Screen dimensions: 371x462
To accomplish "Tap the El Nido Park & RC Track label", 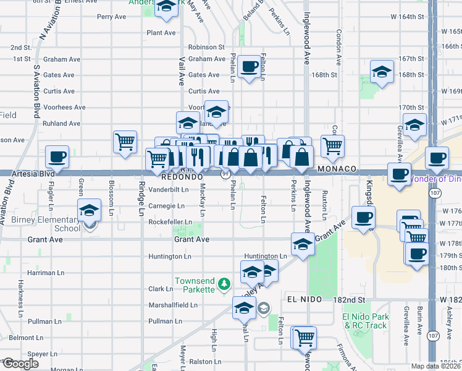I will (x=364, y=321).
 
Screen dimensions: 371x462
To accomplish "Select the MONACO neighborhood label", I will (x=338, y=169).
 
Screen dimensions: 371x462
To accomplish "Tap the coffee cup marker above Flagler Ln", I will (x=57, y=157).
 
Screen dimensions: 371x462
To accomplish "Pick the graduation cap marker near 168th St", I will (x=382, y=72).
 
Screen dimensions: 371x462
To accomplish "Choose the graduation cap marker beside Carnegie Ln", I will (x=90, y=210).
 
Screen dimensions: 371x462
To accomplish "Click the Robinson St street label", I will (x=206, y=47).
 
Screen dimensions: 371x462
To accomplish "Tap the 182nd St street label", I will (x=361, y=299).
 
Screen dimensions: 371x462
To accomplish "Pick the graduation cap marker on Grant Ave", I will (x=303, y=244).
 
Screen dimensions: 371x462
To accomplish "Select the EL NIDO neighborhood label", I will (x=306, y=299).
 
